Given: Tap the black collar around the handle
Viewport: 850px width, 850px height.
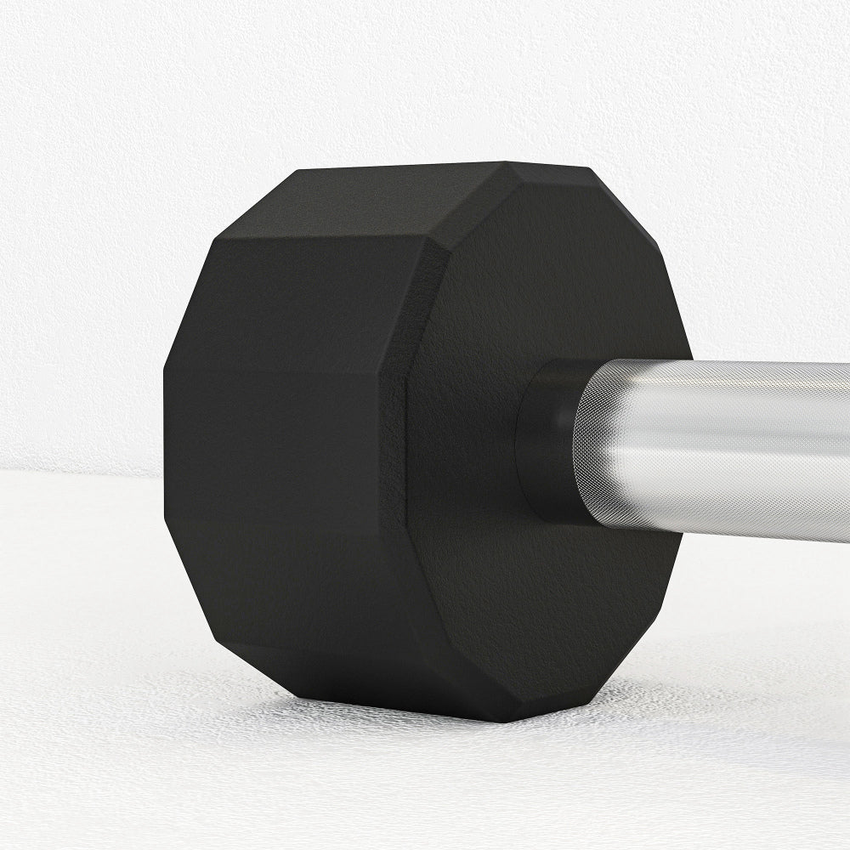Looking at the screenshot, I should pos(544,438).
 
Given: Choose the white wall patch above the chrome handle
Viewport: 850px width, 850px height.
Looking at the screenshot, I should pos(765,255).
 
